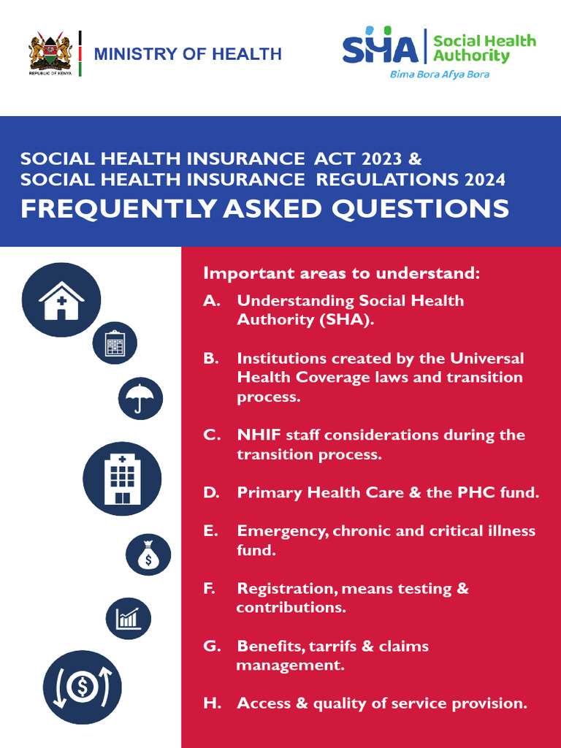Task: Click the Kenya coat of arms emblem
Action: click(x=50, y=52)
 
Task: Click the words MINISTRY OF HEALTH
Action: click(x=188, y=54)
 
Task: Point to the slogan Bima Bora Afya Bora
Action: click(x=439, y=75)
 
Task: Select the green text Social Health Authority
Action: click(x=484, y=47)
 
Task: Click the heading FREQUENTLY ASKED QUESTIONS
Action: click(x=264, y=208)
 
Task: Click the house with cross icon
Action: click(x=61, y=299)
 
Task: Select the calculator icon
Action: click(x=115, y=343)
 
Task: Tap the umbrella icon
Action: click(x=140, y=398)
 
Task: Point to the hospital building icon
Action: click(x=122, y=478)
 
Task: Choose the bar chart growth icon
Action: click(x=129, y=618)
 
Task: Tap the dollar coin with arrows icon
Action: click(x=81, y=687)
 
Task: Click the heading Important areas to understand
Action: click(x=342, y=273)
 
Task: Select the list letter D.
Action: click(x=211, y=493)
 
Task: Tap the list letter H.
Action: click(x=212, y=703)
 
